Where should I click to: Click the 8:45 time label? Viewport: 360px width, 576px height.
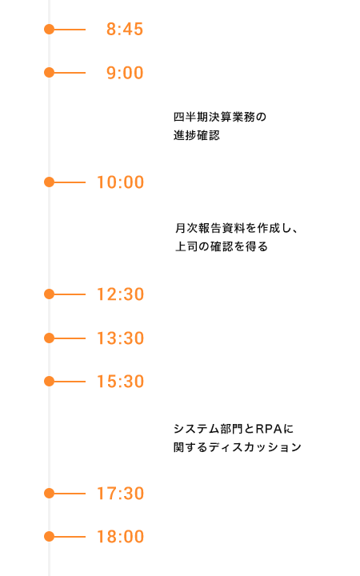[x=125, y=30]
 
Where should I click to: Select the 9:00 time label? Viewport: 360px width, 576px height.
[x=125, y=73]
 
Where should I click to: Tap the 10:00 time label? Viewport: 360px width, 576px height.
[x=120, y=182]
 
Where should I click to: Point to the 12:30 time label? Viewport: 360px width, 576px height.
[x=120, y=294]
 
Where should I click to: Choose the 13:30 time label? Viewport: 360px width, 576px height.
[x=120, y=338]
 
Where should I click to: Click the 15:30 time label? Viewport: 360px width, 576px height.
[x=120, y=382]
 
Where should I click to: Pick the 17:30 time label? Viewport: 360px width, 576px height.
[x=120, y=494]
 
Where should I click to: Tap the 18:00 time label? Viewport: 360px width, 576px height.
[x=120, y=537]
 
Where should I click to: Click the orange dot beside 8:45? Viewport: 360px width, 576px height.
[x=49, y=30]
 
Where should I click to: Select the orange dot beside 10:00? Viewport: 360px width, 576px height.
[x=49, y=182]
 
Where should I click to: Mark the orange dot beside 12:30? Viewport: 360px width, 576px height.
[x=49, y=294]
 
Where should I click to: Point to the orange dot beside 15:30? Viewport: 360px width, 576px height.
[x=49, y=382]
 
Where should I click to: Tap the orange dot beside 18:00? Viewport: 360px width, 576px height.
[x=49, y=537]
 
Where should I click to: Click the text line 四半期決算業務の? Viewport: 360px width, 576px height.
[x=220, y=117]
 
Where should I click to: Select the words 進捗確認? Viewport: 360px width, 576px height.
[x=197, y=135]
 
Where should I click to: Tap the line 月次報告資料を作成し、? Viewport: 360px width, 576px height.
[x=236, y=228]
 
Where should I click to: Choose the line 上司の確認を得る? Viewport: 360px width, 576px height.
[x=221, y=246]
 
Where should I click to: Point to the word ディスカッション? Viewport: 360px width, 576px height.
[x=255, y=447]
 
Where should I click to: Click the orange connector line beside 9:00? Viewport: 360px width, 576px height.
[x=70, y=73]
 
